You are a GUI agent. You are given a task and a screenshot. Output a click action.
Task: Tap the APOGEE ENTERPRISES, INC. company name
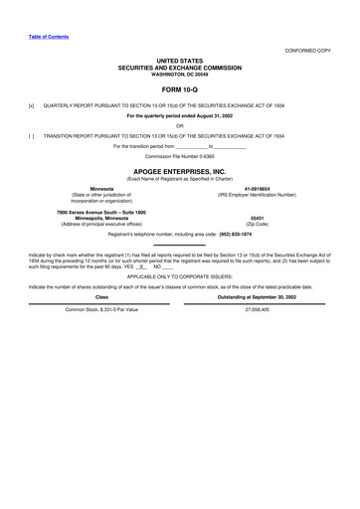click(x=180, y=171)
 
